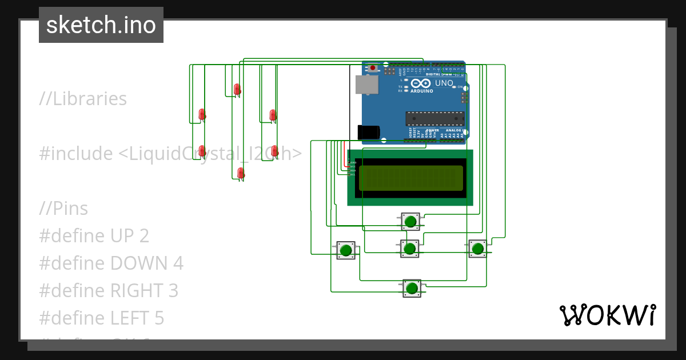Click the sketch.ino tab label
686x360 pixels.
101,25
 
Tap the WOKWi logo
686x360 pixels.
607,315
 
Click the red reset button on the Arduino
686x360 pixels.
373,68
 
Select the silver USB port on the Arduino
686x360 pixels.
366,85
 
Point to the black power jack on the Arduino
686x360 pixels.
368,132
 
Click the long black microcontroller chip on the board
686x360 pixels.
434,118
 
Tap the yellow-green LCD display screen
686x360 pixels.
410,178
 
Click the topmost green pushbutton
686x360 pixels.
410,221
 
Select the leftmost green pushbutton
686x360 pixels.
345,250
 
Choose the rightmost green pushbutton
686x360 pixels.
477,248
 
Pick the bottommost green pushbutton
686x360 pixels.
411,288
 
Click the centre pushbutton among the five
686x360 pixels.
409,249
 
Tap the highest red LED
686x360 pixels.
237,90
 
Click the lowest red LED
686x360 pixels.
241,173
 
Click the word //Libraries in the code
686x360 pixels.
83,99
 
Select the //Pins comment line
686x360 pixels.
63,209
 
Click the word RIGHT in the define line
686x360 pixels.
136,291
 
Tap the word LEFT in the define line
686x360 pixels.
130,318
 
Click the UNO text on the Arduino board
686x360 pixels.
444,83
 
